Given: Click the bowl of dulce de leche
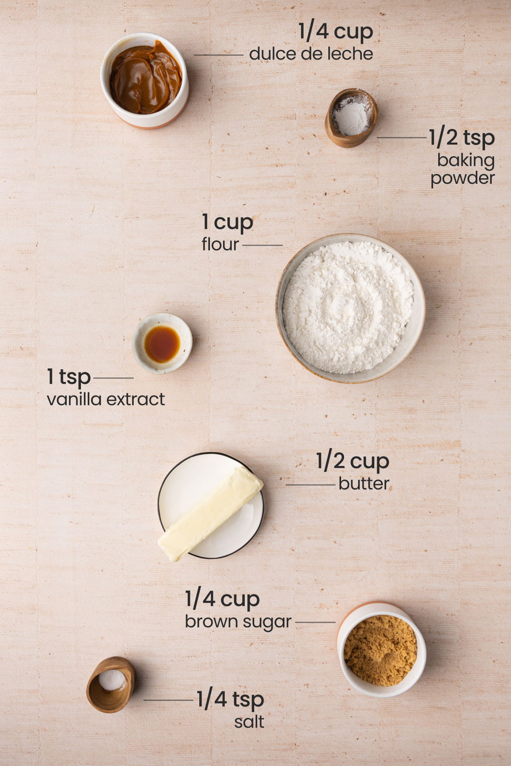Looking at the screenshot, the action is coord(145,80).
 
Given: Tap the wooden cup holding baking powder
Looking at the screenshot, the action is coord(351,117).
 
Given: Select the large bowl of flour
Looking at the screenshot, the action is coord(350,308).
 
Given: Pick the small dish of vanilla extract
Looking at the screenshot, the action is coord(162,343).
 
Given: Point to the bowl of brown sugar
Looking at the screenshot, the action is coord(381,649).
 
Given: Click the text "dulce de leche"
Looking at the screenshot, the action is coord(311,54).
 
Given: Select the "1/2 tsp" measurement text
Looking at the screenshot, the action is coord(462,138).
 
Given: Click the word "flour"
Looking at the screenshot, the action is coord(220,244).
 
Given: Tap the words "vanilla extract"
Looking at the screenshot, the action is coord(106,399).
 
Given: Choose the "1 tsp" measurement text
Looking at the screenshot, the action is coord(69,377).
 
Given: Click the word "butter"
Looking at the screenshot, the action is coord(364,483).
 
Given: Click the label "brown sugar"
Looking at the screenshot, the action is coord(238,622).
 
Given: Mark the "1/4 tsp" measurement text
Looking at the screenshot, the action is coord(230,700).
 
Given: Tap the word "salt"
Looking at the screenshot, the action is coord(249,722).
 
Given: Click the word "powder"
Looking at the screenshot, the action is coord(462,178).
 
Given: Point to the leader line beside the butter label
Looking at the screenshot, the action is coord(310,485).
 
